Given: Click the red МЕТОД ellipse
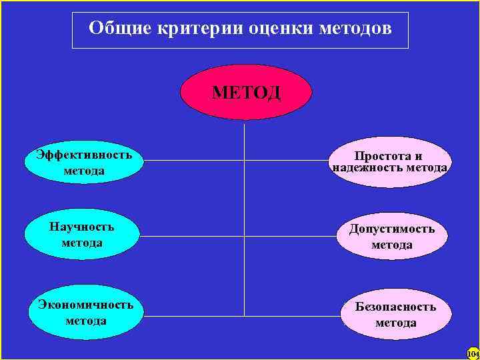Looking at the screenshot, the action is [x=246, y=92].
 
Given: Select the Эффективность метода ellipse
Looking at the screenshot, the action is [x=84, y=163].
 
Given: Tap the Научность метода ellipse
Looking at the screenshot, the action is [x=82, y=235].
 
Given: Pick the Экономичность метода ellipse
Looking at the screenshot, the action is [x=85, y=312].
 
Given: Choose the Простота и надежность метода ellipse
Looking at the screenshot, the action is [x=389, y=162].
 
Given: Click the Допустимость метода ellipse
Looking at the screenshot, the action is [x=391, y=237].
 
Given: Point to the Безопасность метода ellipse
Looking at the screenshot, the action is [x=395, y=315].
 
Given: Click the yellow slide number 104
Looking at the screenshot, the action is [x=473, y=353].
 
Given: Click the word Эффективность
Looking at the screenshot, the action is [x=84, y=155].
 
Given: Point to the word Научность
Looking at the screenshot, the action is [x=82, y=227].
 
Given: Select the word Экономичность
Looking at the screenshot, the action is [x=85, y=305].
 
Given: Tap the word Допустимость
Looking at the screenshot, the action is [x=391, y=229].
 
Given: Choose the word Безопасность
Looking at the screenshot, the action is [x=395, y=307].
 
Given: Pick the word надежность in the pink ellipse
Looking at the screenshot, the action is [x=363, y=168].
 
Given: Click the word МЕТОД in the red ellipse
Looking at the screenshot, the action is [x=246, y=92].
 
